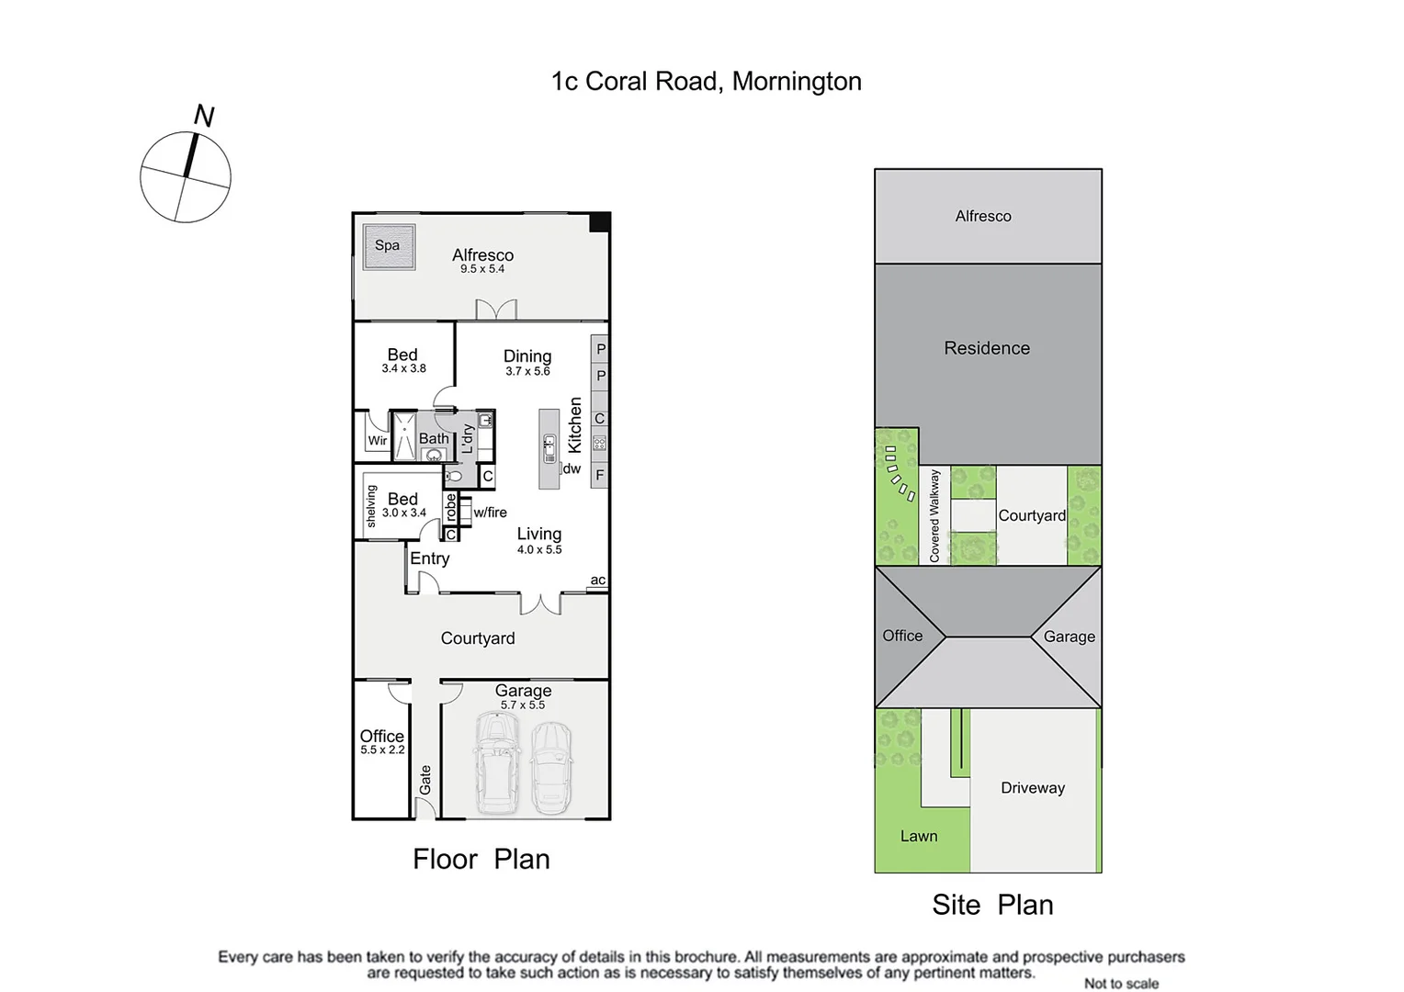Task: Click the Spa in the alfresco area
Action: pyautogui.click(x=389, y=246)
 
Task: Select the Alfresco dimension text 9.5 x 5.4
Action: pyautogui.click(x=482, y=269)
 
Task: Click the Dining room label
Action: pyautogui.click(x=527, y=355)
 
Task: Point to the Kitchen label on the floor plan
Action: pyautogui.click(x=575, y=424)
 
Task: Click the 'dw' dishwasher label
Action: pyautogui.click(x=572, y=468)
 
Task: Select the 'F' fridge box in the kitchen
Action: pyautogui.click(x=599, y=475)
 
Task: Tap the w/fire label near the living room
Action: pyautogui.click(x=490, y=513)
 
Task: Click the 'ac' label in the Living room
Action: pyautogui.click(x=597, y=580)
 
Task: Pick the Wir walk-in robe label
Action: pyautogui.click(x=378, y=441)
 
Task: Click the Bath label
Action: pyautogui.click(x=434, y=438)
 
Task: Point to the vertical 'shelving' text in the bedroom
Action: pyautogui.click(x=371, y=506)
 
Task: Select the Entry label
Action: pyautogui.click(x=429, y=558)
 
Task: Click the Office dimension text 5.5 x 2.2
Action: pyautogui.click(x=382, y=750)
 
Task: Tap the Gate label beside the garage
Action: pyautogui.click(x=425, y=780)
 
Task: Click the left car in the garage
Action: pyautogui.click(x=497, y=762)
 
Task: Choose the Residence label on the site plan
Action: pyautogui.click(x=987, y=348)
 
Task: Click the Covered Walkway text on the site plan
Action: pyautogui.click(x=934, y=515)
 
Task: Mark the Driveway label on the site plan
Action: pyautogui.click(x=1033, y=788)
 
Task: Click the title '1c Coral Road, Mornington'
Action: pyautogui.click(x=706, y=82)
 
